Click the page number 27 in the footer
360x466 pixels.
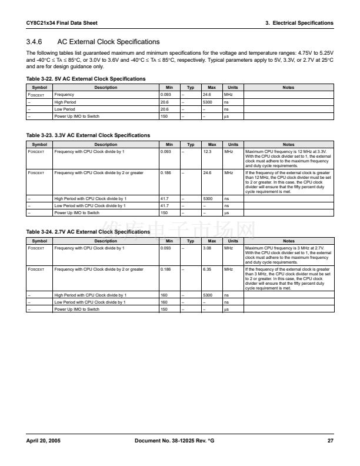point(330,440)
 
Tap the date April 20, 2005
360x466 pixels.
point(44,440)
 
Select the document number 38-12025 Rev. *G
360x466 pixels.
point(174,440)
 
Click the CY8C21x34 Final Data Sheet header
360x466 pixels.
point(62,23)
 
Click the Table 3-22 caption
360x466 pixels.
point(86,79)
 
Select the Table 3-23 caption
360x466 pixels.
point(88,135)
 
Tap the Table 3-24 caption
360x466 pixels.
point(88,232)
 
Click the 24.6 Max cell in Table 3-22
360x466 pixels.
point(206,94)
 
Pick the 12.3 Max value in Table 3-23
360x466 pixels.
point(206,151)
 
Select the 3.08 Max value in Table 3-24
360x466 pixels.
point(206,248)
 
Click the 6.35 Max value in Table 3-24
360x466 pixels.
point(206,269)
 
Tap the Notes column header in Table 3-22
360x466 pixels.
point(288,87)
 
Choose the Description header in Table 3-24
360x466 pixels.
point(106,241)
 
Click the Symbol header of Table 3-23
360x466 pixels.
point(39,144)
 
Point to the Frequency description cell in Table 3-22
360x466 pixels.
point(64,94)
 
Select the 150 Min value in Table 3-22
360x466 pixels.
point(164,116)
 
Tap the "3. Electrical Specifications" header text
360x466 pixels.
point(299,23)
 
